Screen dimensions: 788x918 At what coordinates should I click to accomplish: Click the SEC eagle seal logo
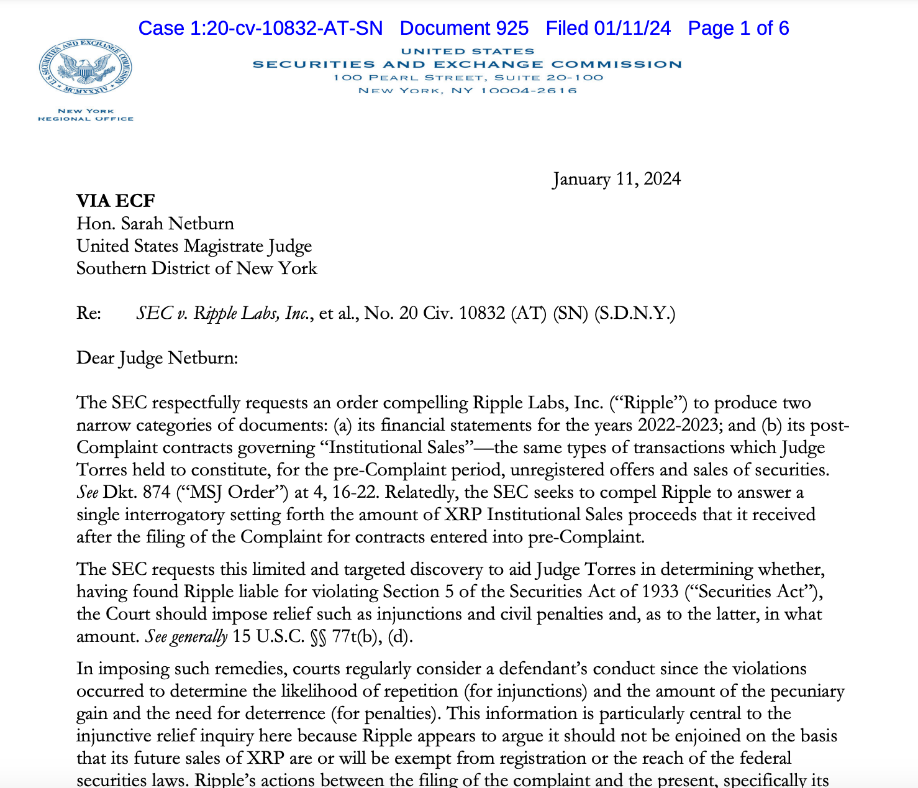click(86, 69)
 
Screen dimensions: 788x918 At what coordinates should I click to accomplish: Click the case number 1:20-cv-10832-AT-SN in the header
click(260, 29)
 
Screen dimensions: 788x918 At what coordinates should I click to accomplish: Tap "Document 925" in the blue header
click(464, 29)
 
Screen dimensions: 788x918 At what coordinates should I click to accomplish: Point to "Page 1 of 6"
click(738, 29)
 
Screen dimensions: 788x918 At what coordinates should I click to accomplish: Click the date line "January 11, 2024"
click(616, 179)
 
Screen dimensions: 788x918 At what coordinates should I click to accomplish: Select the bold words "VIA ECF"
click(116, 201)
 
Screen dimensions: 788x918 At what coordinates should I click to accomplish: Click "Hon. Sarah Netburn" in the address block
click(155, 224)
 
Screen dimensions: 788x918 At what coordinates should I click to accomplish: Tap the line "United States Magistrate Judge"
click(194, 246)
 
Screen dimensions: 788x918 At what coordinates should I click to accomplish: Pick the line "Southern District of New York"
click(196, 268)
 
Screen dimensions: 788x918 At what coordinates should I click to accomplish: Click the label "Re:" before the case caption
click(89, 313)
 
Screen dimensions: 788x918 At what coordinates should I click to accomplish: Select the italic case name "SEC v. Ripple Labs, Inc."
click(222, 313)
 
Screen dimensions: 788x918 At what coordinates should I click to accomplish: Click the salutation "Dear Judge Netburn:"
click(157, 358)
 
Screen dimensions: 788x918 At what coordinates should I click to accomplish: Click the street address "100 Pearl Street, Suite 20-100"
click(468, 78)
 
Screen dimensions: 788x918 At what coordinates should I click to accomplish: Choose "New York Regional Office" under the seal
click(86, 115)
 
